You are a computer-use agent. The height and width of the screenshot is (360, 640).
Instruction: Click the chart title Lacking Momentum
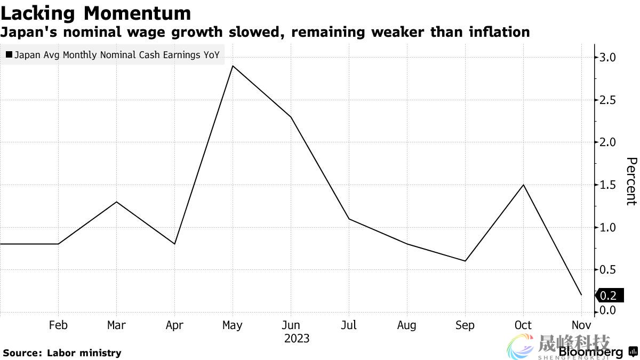[96, 13]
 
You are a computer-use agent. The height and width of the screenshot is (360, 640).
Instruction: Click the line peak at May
[233, 66]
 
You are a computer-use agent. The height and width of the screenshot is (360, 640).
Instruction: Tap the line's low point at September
[465, 261]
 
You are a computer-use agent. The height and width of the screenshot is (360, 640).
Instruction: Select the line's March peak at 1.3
[116, 202]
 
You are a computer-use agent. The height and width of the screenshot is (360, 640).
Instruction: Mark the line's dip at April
[174, 244]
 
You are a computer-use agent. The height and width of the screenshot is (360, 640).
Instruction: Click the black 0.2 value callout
[608, 295]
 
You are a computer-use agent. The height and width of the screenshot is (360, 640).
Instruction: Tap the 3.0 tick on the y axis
[609, 58]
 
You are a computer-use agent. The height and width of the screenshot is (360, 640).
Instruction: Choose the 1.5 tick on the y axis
[609, 185]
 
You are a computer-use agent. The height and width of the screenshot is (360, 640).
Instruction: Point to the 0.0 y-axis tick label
[609, 310]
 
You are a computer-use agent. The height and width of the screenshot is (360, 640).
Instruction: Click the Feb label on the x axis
[58, 325]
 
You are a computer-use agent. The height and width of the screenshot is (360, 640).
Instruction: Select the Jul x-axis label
[349, 325]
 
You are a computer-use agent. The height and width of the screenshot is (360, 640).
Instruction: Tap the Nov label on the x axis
[581, 325]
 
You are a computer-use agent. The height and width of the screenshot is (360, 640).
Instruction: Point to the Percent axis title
[631, 181]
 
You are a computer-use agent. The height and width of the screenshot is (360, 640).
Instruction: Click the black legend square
[9, 54]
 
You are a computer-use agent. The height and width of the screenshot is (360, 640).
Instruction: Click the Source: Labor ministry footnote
[62, 353]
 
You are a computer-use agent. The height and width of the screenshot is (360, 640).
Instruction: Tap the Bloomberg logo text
[590, 353]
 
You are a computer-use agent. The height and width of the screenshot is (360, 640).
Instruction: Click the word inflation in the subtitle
[499, 32]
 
